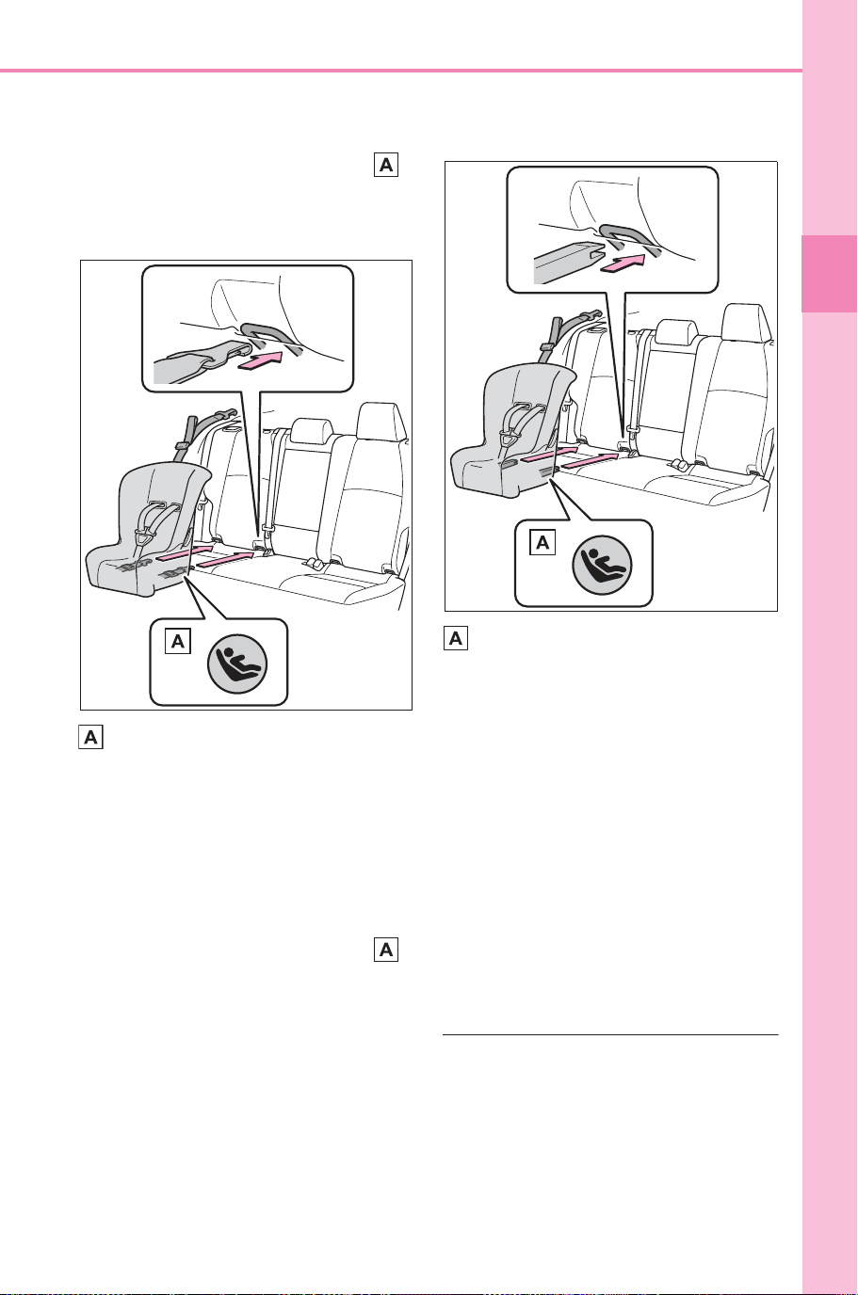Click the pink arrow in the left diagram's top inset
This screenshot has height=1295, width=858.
pyautogui.click(x=260, y=363)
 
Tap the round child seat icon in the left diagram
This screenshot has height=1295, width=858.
pyautogui.click(x=237, y=663)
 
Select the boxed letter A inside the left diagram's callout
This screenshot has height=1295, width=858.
pyautogui.click(x=178, y=641)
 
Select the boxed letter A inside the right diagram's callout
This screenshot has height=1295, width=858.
pyautogui.click(x=542, y=542)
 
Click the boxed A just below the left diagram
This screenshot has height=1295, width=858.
pyautogui.click(x=90, y=737)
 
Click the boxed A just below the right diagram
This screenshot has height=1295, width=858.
pyautogui.click(x=455, y=638)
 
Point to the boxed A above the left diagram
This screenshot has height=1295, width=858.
pyautogui.click(x=386, y=165)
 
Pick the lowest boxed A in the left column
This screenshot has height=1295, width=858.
pyautogui.click(x=386, y=949)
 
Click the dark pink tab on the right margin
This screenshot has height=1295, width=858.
pyautogui.click(x=829, y=274)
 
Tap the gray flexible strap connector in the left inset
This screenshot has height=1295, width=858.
pyautogui.click(x=201, y=361)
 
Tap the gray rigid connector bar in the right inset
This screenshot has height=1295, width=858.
pyautogui.click(x=568, y=264)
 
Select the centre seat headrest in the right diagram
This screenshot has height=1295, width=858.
pyautogui.click(x=675, y=332)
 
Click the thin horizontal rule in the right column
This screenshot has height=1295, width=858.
pyautogui.click(x=610, y=1034)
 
